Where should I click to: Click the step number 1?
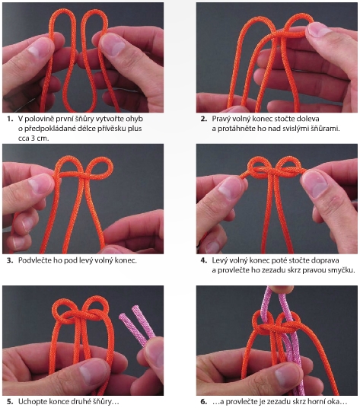pos(10,119)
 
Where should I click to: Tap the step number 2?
pos(204,119)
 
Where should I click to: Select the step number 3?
pos(10,260)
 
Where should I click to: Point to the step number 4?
pos(204,260)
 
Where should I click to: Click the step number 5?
pos(10,401)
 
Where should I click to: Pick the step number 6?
pos(204,401)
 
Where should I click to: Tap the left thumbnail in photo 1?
pos(39,49)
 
